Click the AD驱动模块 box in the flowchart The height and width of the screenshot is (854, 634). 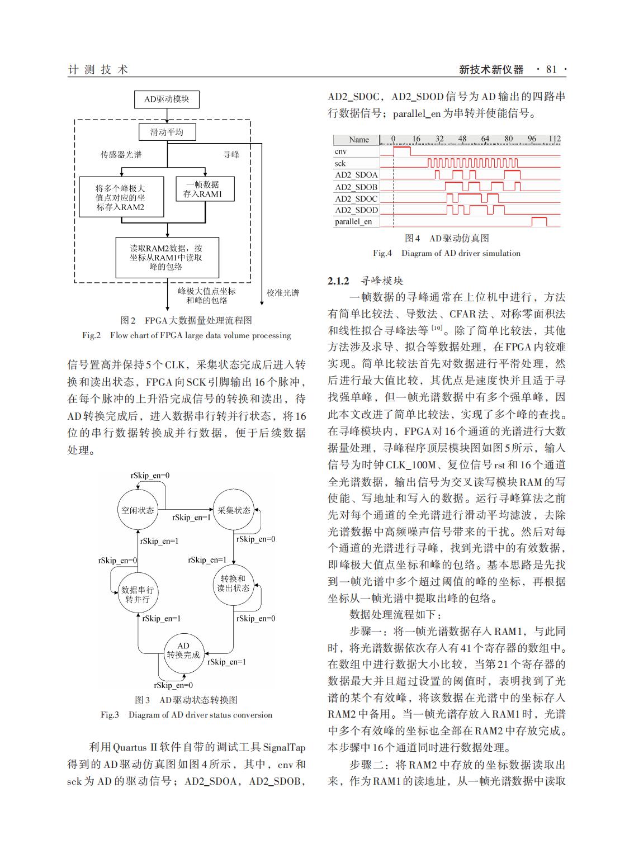(x=167, y=99)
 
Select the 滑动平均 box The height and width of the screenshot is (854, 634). (x=167, y=132)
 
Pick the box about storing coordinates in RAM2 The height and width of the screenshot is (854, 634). (x=120, y=198)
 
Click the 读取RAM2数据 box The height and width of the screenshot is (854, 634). (x=167, y=258)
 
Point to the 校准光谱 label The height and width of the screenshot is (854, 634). (x=283, y=293)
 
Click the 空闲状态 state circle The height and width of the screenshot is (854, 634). (x=138, y=510)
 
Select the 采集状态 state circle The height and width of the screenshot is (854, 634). (x=234, y=510)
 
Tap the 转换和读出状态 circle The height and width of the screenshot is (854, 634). (x=234, y=583)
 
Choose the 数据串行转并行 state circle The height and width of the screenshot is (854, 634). (x=138, y=594)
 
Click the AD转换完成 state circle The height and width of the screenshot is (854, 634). (x=183, y=651)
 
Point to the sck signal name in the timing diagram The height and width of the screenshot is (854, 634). (x=340, y=163)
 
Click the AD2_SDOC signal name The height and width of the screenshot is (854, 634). (x=356, y=198)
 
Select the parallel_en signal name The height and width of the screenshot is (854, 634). (x=353, y=222)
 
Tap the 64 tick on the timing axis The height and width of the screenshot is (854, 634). (x=485, y=139)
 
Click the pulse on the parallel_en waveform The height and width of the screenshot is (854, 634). (x=539, y=221)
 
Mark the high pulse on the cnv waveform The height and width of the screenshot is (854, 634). (x=402, y=150)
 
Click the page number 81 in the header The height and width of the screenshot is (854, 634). (x=551, y=69)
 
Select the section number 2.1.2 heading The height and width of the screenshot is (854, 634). (x=338, y=281)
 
